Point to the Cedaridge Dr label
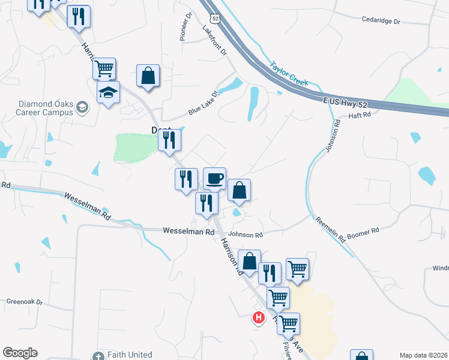(x=381, y=20)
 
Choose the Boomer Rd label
(x=364, y=230)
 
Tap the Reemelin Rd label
(x=330, y=230)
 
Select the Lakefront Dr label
(x=215, y=41)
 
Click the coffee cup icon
(x=214, y=178)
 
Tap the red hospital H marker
(x=259, y=317)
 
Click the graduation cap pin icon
(x=108, y=92)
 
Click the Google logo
(x=20, y=353)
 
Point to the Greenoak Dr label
(x=25, y=302)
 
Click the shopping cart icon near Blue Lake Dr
(x=104, y=69)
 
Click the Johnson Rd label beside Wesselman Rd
(x=246, y=235)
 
